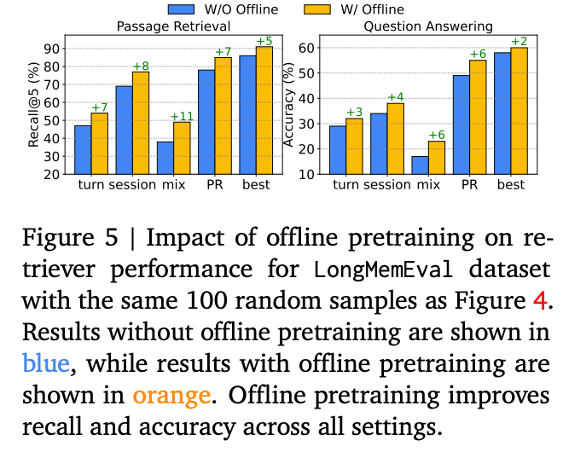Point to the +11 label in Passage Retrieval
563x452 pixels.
tap(183, 115)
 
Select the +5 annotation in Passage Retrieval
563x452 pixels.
tap(264, 40)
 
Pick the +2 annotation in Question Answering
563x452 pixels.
tap(519, 41)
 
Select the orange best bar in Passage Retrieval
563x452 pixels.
tap(264, 110)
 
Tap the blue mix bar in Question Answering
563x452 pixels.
tap(421, 165)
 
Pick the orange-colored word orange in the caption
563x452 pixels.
tap(170, 394)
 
